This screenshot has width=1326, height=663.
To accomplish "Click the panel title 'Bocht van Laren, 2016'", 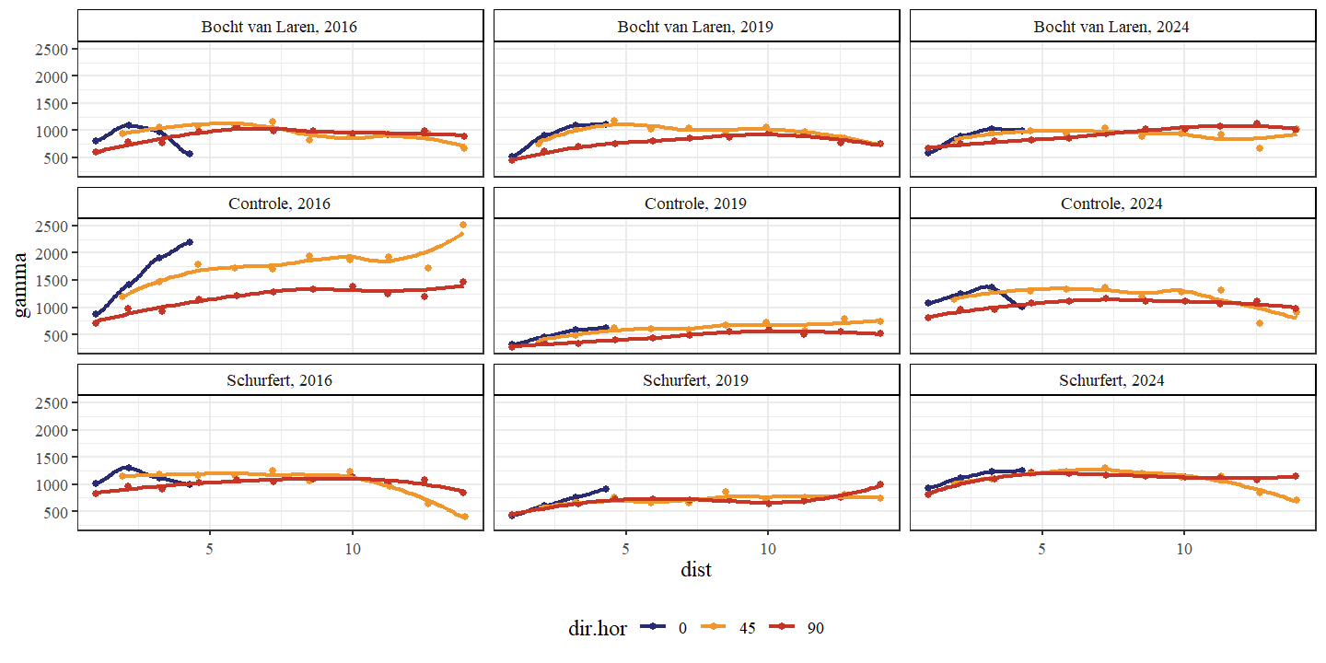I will point(279,27).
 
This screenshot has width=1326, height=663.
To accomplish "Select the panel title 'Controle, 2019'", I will point(695,204).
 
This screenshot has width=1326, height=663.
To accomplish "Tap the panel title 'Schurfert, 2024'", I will point(1111,380).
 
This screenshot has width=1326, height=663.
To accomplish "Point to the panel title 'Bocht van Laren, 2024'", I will point(1111,27).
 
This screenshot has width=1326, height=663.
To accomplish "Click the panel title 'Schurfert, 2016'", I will point(279,380).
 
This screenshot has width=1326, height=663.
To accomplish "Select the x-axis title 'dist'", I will point(695,570).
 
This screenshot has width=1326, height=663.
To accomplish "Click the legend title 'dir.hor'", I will point(598,628).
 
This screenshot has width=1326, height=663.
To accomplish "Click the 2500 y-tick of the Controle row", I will point(53,226).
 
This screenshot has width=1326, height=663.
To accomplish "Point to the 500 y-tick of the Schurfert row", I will point(57,512).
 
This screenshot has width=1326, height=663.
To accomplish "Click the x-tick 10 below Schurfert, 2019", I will point(768,547).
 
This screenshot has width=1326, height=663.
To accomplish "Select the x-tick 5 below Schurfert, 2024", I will point(1042,547).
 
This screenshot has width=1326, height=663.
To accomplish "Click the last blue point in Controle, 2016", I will point(189,242).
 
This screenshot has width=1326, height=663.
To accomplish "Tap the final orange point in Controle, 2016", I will point(463,225).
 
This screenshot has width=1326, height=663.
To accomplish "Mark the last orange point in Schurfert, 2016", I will point(464,517).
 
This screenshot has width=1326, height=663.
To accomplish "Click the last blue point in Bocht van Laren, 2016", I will point(189,154).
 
